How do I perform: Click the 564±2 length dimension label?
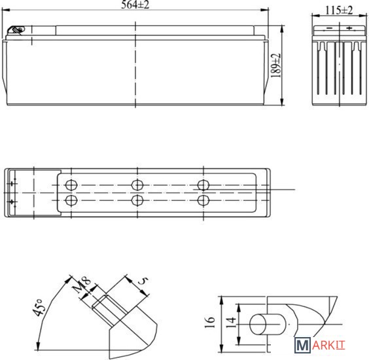pos(135,5)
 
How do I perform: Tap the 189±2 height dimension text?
pos(276,65)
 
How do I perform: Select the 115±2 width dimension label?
pos(339,10)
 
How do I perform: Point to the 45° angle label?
pos(39,307)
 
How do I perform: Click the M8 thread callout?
pos(82,285)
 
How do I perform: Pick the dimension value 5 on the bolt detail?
pos(143,281)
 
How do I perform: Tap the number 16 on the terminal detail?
pos(210,322)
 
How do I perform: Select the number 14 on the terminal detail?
pos(231,322)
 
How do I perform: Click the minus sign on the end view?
pos(329,28)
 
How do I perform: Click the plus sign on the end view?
pos(349,28)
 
